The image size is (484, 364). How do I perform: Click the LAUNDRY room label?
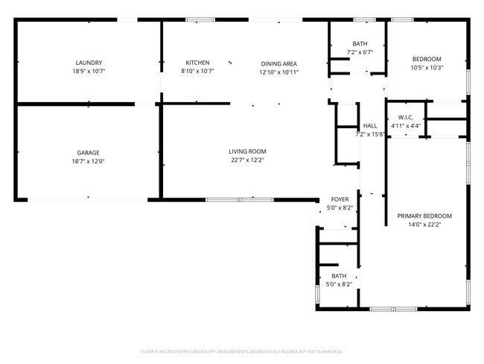tap(89, 63)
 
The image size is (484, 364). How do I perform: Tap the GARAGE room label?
tap(89, 152)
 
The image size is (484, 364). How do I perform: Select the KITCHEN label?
tap(197, 63)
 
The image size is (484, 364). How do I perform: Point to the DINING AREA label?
tap(278, 63)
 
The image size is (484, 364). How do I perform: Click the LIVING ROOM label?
tap(247, 151)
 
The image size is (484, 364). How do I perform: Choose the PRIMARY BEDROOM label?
tap(424, 216)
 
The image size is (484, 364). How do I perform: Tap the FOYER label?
tap(340, 200)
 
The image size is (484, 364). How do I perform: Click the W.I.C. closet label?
tap(406, 117)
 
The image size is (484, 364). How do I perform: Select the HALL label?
tap(370, 125)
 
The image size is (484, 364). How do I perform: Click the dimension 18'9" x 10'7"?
tap(89, 72)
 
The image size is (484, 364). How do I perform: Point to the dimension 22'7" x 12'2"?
tap(247, 160)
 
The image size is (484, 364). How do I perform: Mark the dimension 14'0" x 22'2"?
tap(424, 225)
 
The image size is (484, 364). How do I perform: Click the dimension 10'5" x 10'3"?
tap(427, 68)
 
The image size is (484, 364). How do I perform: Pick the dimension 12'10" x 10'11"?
tap(278, 72)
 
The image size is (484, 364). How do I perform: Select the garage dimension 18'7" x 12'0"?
tap(89, 161)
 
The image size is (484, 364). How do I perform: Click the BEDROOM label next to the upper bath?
tap(427, 59)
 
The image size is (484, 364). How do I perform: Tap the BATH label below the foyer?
tap(340, 275)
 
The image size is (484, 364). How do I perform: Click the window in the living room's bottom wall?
tap(240, 199)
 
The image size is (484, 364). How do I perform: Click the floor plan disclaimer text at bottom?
tap(241, 351)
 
